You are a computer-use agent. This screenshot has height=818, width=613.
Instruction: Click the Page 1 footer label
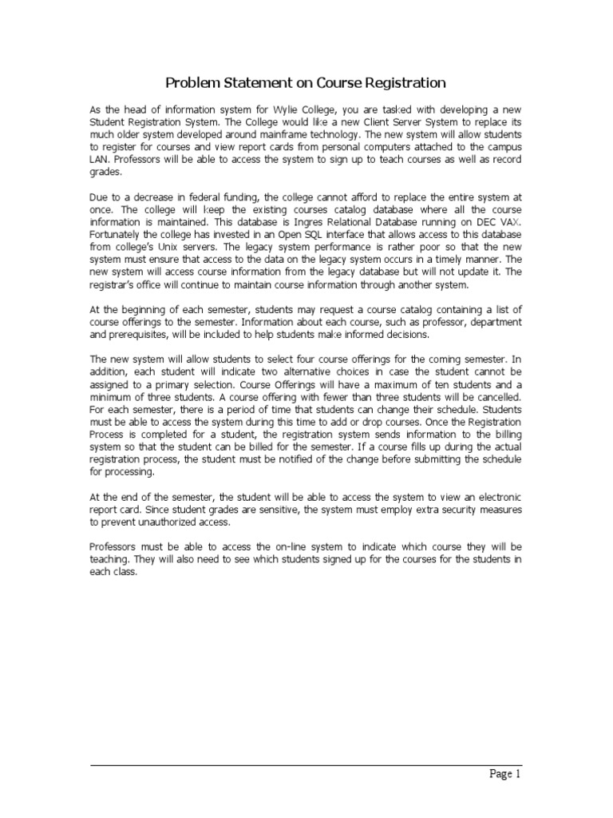coord(504,773)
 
